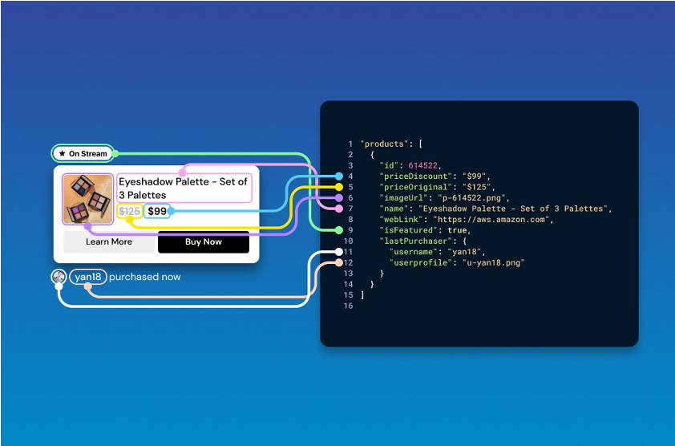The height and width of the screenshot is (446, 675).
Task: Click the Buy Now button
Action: coord(203,241)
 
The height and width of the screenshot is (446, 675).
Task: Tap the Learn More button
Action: coord(109,241)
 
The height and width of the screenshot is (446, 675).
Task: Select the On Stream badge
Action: coord(84,153)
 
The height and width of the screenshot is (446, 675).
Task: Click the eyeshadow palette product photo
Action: coord(88,199)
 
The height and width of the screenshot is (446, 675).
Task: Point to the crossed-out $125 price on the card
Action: coord(129,212)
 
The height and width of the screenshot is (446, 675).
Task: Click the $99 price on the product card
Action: coord(157,212)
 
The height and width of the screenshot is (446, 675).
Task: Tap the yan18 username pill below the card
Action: coord(87,277)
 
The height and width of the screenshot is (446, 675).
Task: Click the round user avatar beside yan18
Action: coord(59,277)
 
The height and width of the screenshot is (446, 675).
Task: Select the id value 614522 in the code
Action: coord(425,165)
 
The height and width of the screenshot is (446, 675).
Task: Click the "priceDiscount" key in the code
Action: coord(414,176)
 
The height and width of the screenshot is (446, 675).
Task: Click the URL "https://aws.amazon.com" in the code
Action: coord(492,219)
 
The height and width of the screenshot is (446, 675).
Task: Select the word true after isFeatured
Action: coord(458,230)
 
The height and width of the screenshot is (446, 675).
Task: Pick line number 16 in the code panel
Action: coord(348,306)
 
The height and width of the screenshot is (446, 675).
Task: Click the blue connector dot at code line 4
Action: coord(339,176)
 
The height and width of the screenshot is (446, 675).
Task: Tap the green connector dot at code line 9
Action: coord(339,230)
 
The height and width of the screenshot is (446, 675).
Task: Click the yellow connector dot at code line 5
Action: coord(339,187)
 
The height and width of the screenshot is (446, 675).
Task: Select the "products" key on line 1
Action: coord(384,144)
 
